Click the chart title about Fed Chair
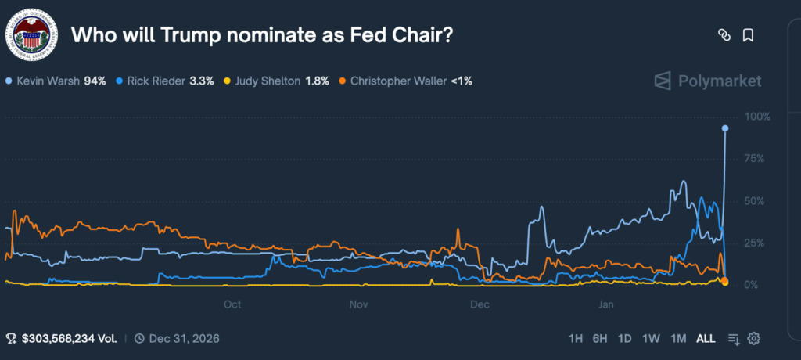point(263,35)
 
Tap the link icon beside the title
point(724,35)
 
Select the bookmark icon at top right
point(748,35)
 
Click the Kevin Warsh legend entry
point(55,80)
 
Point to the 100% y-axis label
point(758,117)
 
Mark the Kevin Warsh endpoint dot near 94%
point(725,128)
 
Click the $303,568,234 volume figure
point(69,338)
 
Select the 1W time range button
point(651,338)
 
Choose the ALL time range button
point(706,338)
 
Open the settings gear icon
point(754,338)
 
